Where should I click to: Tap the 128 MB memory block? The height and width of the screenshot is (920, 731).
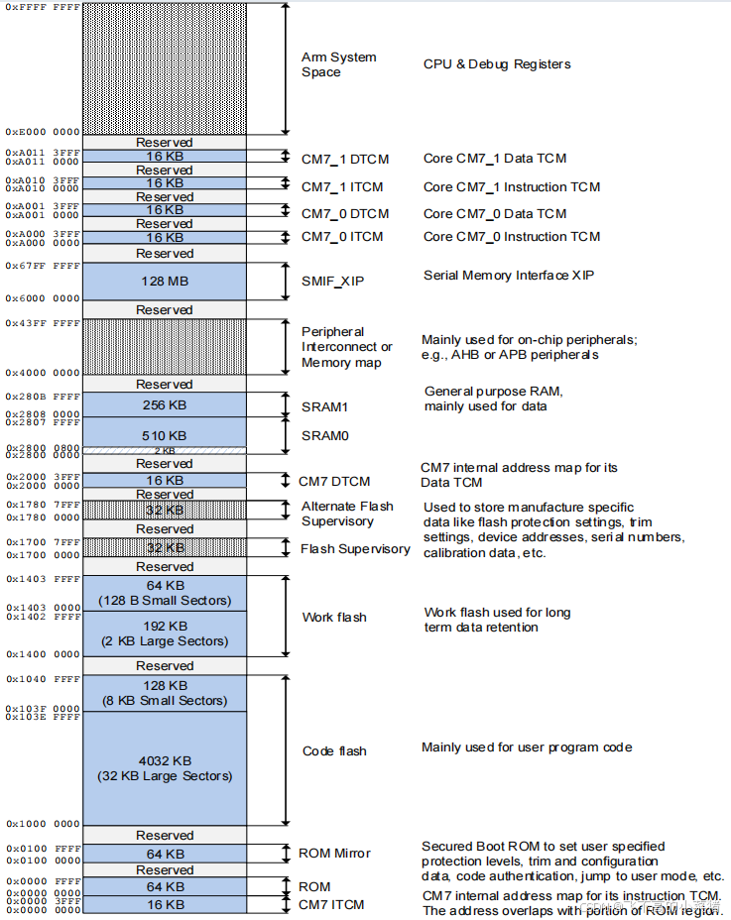click(165, 282)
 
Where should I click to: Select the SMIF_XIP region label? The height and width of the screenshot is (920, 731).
click(332, 282)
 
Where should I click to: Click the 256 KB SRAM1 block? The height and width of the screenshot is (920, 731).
click(165, 404)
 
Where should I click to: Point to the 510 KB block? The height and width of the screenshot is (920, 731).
click(165, 435)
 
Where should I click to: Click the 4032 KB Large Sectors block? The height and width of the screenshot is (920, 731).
click(165, 768)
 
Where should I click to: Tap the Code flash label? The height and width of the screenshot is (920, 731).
click(334, 751)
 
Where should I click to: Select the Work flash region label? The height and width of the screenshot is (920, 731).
click(334, 618)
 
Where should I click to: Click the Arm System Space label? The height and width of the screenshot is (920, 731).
click(338, 64)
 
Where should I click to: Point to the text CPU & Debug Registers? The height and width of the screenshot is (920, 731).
click(497, 64)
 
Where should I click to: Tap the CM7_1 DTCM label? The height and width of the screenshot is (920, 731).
click(344, 159)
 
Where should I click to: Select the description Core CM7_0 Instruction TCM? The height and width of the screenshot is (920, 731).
click(512, 237)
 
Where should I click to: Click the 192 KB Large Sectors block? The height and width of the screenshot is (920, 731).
click(165, 633)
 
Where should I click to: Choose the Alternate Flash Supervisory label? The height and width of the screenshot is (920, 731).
click(347, 514)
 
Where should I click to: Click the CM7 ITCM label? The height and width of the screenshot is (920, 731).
click(331, 904)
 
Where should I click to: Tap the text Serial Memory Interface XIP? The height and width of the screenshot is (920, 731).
click(508, 275)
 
